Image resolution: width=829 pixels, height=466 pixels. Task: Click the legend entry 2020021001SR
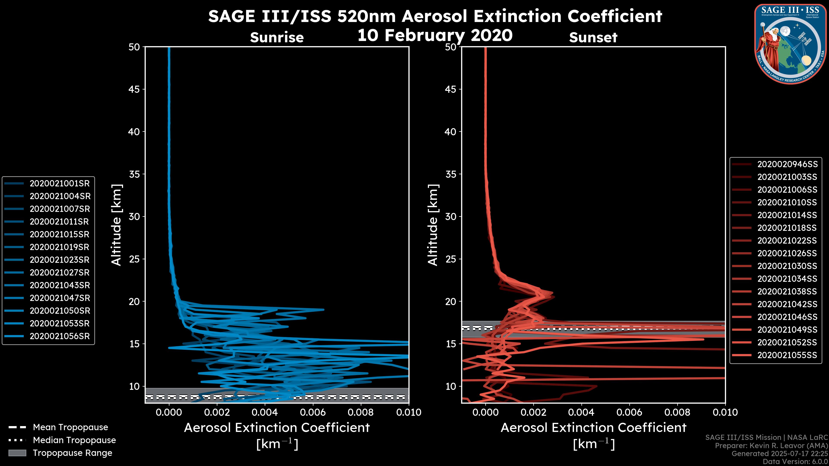60,183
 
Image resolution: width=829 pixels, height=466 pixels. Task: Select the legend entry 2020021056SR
60,336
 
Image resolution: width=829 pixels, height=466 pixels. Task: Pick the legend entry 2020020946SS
787,164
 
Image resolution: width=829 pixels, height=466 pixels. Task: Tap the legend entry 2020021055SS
787,355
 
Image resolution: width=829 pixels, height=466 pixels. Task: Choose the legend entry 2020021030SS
787,266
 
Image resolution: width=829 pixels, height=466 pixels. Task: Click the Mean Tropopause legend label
70,427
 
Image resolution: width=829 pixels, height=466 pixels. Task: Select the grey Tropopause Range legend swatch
17,453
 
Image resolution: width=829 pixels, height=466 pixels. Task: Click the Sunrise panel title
277,37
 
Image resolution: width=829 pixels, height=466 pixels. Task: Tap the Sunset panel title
593,37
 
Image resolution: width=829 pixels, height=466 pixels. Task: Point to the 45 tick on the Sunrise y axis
134,89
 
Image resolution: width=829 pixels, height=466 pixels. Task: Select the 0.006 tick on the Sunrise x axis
312,412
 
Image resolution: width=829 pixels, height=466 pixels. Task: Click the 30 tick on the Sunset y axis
451,216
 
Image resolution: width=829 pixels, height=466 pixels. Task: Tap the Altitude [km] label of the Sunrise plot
117,225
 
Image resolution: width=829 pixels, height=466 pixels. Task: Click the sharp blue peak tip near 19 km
323,310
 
